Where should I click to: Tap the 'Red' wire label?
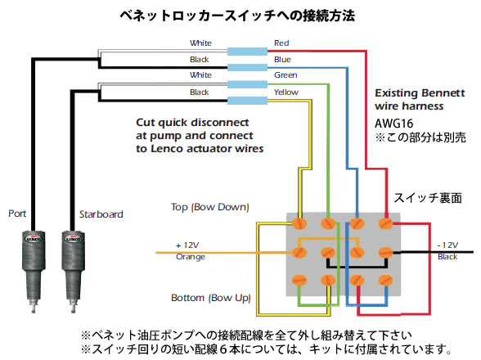pyautogui.click(x=281, y=43)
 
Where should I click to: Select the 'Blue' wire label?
pyautogui.click(x=282, y=59)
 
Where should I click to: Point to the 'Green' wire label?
pyautogui.click(x=285, y=75)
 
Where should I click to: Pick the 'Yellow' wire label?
pyautogui.click(x=286, y=92)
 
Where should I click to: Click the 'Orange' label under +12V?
pyautogui.click(x=190, y=257)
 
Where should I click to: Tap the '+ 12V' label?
pyautogui.click(x=187, y=245)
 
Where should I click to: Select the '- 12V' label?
pyautogui.click(x=447, y=245)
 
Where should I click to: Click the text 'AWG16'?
pyautogui.click(x=394, y=124)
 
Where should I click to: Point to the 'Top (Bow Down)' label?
pyautogui.click(x=209, y=207)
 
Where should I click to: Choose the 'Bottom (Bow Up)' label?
pyautogui.click(x=211, y=298)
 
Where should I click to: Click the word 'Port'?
pyautogui.click(x=17, y=214)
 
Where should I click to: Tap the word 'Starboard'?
pyautogui.click(x=101, y=214)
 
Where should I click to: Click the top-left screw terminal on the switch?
pyautogui.click(x=299, y=223)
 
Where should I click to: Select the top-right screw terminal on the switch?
pyautogui.click(x=385, y=223)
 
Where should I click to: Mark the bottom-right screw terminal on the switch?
pyautogui.click(x=385, y=280)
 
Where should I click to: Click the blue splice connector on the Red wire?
pyautogui.click(x=247, y=52)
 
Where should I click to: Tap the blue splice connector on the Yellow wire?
pyautogui.click(x=247, y=101)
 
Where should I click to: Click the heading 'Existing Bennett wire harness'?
pyautogui.click(x=420, y=99)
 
